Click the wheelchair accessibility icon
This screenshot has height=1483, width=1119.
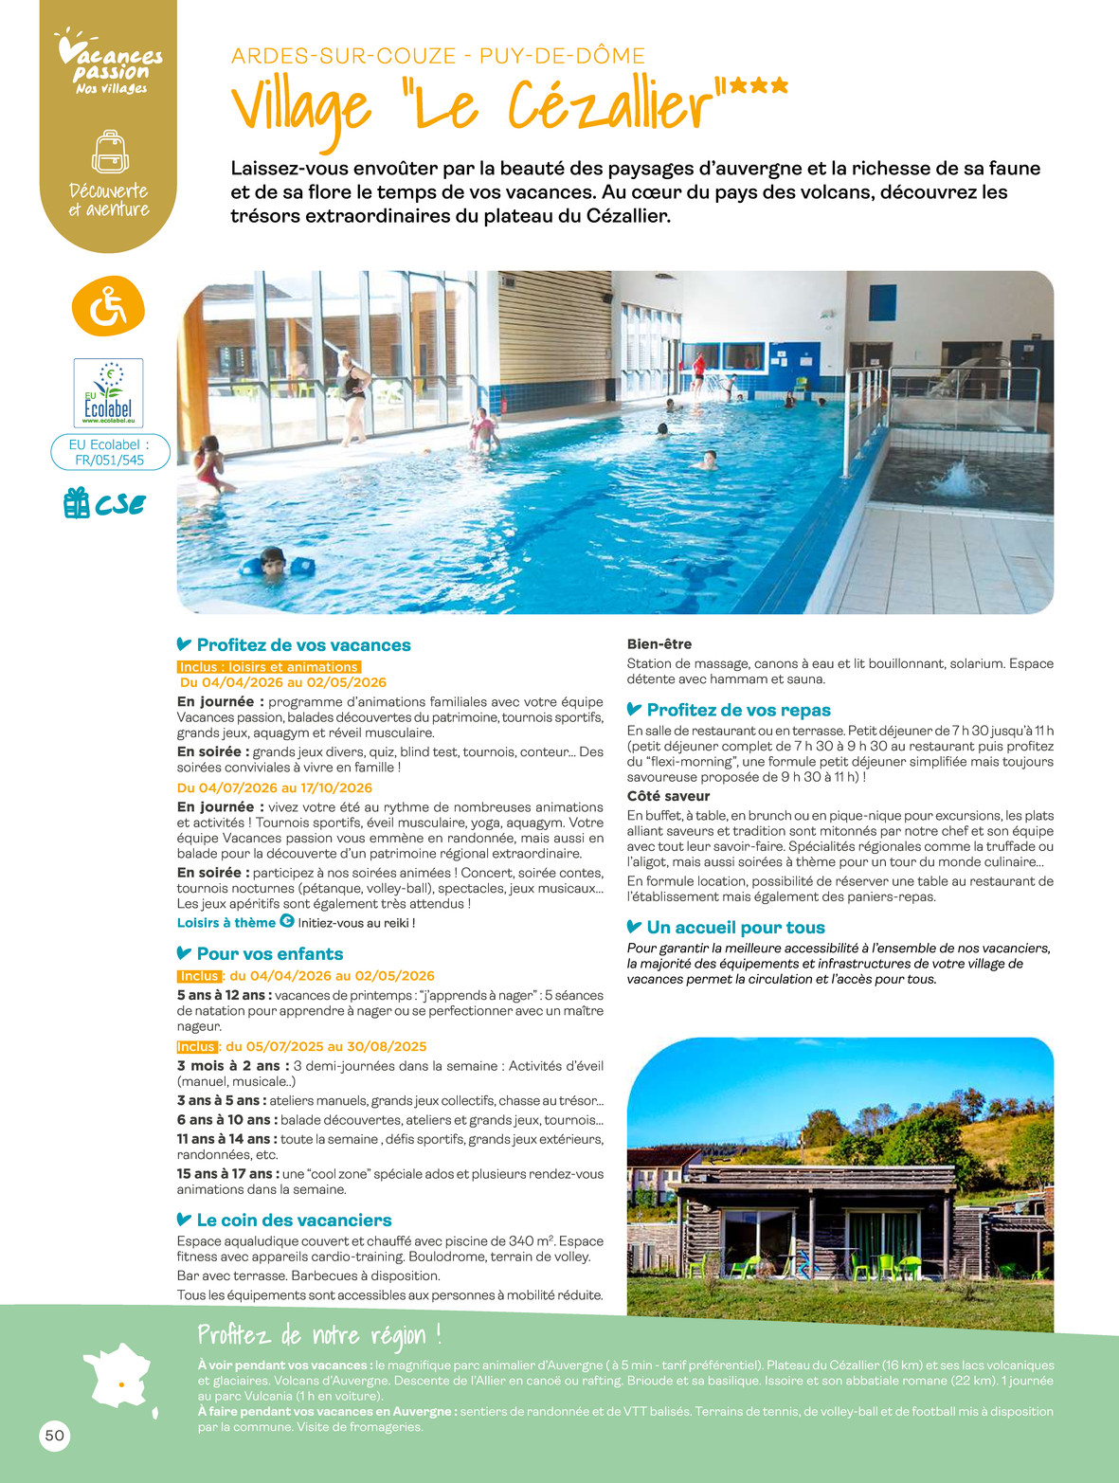pyautogui.click(x=108, y=306)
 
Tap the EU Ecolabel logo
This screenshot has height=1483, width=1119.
pyautogui.click(x=108, y=392)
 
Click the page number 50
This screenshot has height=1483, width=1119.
pyautogui.click(x=55, y=1436)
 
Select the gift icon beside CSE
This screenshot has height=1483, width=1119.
pyautogui.click(x=76, y=503)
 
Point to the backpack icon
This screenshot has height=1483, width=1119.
pyautogui.click(x=110, y=152)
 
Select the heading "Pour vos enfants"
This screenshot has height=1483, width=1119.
pyautogui.click(x=269, y=954)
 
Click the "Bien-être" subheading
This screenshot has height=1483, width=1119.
pyautogui.click(x=659, y=644)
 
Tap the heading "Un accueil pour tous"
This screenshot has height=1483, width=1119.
pyautogui.click(x=735, y=928)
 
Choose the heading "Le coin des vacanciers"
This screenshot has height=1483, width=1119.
pyautogui.click(x=294, y=1221)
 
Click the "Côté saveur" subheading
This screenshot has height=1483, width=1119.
pyautogui.click(x=668, y=796)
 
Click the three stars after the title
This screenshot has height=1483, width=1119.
pyautogui.click(x=758, y=87)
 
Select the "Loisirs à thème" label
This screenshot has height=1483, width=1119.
pyautogui.click(x=226, y=923)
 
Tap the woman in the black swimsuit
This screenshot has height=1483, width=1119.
pyautogui.click(x=354, y=396)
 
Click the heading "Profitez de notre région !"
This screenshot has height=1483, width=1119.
pyautogui.click(x=319, y=1336)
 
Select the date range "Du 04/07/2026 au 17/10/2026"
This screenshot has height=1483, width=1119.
pyautogui.click(x=275, y=788)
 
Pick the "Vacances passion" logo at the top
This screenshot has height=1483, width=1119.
pyautogui.click(x=110, y=64)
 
